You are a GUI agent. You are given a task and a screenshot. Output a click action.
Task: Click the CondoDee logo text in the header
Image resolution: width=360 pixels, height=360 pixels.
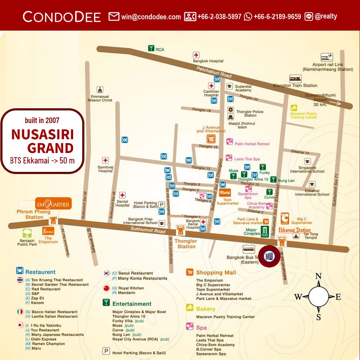(x=62, y=17)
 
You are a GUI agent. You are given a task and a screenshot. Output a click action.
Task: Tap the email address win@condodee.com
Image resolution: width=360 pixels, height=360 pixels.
(x=151, y=17)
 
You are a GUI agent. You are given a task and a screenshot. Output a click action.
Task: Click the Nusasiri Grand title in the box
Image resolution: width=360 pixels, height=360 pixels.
(x=43, y=141)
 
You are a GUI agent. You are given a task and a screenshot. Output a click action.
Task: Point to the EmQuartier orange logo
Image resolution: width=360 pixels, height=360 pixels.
(x=53, y=203)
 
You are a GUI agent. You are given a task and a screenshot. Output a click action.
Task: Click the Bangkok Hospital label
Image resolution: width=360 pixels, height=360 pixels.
(x=208, y=61)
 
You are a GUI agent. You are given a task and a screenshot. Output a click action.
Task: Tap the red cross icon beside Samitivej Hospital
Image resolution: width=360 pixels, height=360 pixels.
(x=105, y=160)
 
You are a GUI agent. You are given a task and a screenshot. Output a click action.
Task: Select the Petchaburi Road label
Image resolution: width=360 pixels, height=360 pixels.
(x=214, y=72)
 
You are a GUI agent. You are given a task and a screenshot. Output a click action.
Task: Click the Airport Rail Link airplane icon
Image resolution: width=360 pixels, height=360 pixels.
(x=327, y=57)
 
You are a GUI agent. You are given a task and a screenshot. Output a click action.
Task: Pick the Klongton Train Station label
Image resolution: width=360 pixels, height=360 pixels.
(x=295, y=85)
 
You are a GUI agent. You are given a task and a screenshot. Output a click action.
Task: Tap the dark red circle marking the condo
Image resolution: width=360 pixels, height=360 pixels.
(x=269, y=256)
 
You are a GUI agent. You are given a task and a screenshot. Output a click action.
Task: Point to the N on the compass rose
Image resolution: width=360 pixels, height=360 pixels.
(x=318, y=276)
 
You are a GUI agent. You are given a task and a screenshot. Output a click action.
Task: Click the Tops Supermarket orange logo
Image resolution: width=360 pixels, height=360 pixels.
(x=225, y=193)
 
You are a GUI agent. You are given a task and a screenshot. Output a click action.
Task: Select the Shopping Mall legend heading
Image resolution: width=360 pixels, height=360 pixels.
(x=216, y=272)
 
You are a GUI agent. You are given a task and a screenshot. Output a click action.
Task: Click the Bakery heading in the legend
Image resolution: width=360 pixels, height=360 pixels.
(x=205, y=309)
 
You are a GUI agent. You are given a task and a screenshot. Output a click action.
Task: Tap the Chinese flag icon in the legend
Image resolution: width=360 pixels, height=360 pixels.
(x=106, y=288)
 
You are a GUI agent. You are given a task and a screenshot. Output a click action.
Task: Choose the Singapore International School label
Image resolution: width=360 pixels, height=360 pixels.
(x=307, y=169)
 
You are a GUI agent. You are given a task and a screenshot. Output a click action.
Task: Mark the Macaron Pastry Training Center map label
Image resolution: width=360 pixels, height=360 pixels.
(x=303, y=115)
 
